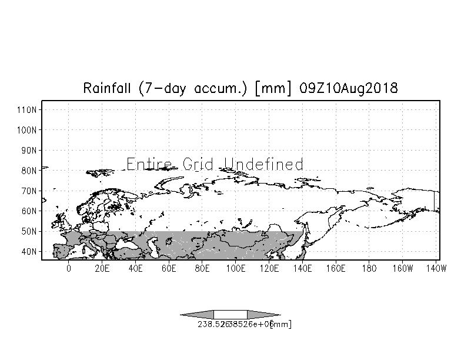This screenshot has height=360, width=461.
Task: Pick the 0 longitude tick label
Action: [x=69, y=268]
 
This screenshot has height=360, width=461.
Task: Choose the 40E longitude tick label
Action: [x=135, y=268]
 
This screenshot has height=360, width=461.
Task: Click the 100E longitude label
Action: [x=235, y=268]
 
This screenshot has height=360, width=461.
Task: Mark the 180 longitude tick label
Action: [x=369, y=268]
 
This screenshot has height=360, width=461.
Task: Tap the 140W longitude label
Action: [x=436, y=268]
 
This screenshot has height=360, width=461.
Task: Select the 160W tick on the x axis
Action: [x=403, y=268]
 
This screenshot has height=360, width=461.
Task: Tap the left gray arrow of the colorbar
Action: [x=197, y=314]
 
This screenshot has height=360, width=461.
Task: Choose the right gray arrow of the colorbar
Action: [x=263, y=314]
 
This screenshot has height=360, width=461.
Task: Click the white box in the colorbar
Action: [x=230, y=314]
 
